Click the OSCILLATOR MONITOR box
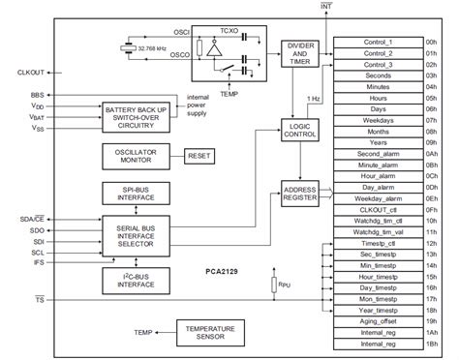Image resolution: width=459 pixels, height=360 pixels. click(135, 156)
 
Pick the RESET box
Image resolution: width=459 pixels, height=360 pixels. click(201, 156)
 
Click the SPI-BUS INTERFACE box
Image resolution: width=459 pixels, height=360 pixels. click(135, 193)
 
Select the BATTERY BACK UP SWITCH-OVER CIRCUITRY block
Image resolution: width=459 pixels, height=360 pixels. click(137, 117)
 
